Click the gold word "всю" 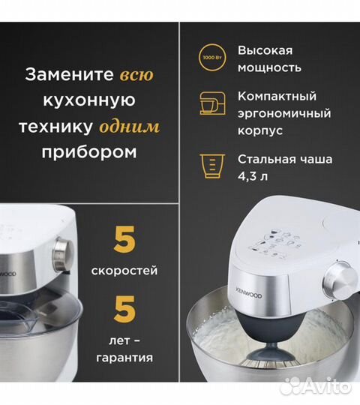click(137, 75)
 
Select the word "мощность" click(269, 67)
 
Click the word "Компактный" click(277, 97)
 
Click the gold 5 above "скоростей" click(124, 241)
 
